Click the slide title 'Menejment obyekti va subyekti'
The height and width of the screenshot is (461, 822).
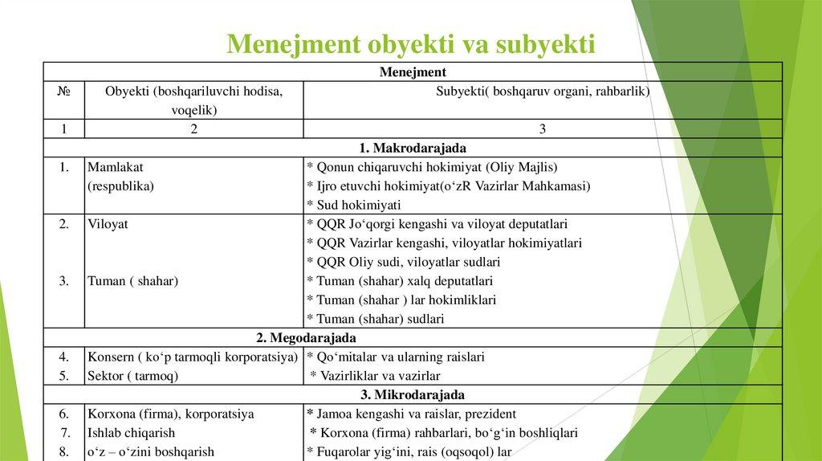coord(410,43)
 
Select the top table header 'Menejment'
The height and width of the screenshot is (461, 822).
coord(413,72)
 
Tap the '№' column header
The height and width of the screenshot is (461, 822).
coord(63,92)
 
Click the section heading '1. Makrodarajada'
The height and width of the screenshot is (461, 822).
coord(413,149)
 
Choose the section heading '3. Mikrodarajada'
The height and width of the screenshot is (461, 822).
coord(413,395)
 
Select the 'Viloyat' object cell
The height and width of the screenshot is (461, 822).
coord(108,224)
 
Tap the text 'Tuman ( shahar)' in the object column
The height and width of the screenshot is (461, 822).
coord(132,281)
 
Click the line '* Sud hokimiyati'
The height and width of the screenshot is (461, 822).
coord(354,205)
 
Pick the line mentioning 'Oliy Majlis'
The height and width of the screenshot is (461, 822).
coord(432,167)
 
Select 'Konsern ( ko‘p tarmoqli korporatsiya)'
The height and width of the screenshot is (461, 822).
coord(193,357)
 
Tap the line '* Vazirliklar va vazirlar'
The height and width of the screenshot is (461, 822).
coord(376,376)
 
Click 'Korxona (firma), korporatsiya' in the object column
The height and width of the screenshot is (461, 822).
coord(170,414)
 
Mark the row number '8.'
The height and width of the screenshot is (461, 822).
coord(63,452)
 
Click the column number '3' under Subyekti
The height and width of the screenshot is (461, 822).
coord(543,129)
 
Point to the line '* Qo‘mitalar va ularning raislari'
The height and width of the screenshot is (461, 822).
coord(396,357)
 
